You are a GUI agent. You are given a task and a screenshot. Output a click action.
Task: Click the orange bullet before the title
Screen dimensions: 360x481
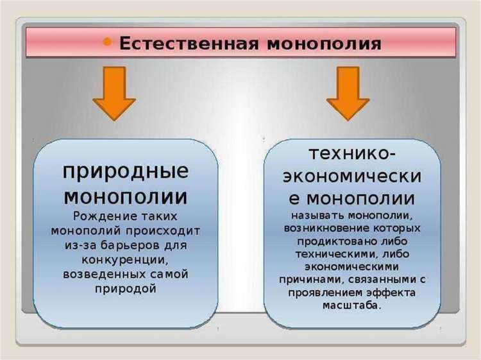click(x=107, y=43)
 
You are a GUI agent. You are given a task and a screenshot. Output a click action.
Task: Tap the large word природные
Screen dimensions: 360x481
click(x=126, y=172)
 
